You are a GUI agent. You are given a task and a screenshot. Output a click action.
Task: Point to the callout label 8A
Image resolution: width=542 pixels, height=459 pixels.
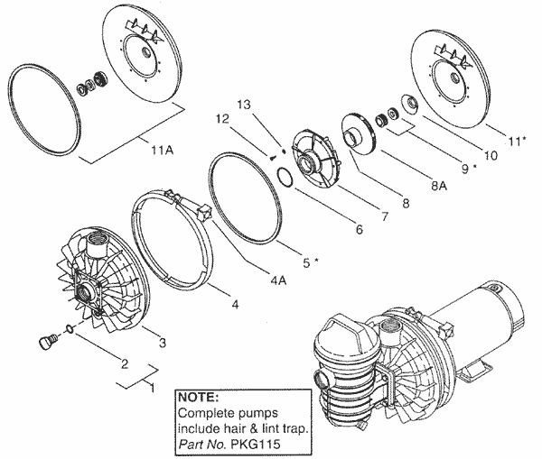(440, 187)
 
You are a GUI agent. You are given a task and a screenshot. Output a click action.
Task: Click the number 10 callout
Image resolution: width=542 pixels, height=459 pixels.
(491, 154)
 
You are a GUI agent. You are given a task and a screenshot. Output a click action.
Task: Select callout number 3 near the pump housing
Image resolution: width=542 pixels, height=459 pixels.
(163, 343)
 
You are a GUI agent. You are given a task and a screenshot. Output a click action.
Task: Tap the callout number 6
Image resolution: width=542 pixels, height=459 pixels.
(359, 230)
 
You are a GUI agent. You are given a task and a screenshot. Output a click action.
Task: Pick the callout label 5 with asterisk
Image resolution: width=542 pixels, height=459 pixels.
(310, 262)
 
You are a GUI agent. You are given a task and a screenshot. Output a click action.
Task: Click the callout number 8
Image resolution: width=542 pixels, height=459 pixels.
(406, 203)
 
